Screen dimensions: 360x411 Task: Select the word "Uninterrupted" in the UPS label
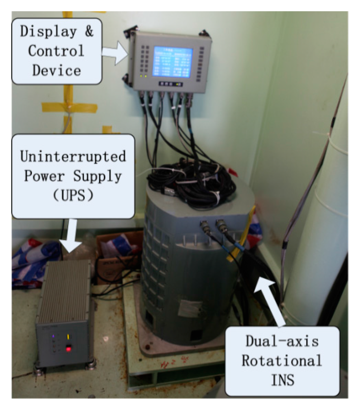click(73, 156)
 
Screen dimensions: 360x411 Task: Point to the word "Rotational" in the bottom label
click(282, 360)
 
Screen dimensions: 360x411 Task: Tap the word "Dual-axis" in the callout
click(282, 341)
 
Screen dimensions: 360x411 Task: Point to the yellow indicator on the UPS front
click(68, 337)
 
